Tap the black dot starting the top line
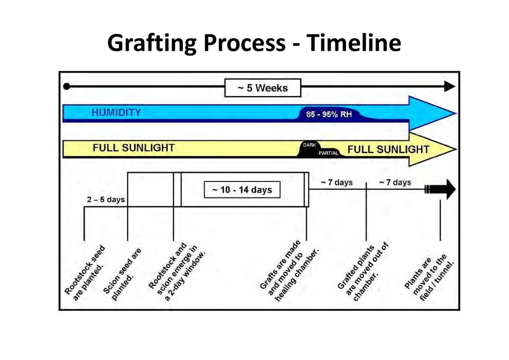67,87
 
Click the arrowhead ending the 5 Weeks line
449,87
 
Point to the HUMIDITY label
116,113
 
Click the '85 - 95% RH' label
329,114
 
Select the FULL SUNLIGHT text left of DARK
134,148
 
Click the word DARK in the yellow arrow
309,145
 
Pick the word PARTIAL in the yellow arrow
328,153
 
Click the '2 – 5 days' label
106,199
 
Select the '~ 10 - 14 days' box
242,189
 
